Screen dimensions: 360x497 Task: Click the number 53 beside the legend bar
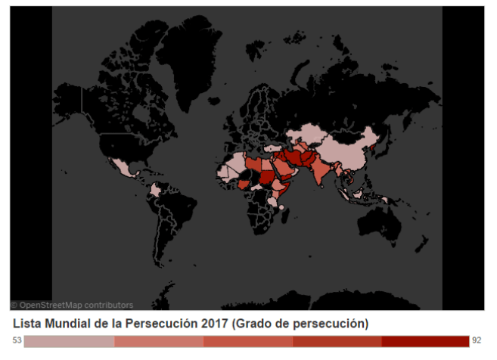coord(17,341)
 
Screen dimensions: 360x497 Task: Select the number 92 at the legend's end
coord(477,341)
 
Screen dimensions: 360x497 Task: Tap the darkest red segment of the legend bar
coord(425,341)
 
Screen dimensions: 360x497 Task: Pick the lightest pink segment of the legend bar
coord(69,341)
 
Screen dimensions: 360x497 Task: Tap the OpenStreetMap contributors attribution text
coord(72,305)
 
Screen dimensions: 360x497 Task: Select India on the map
coord(321,172)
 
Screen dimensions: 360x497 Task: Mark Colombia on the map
coord(155,191)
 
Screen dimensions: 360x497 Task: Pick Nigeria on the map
coord(244,184)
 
